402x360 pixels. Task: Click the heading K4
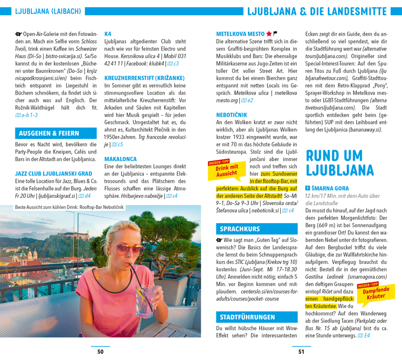click(x=108, y=34)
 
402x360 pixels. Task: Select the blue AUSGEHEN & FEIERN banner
click(x=56, y=133)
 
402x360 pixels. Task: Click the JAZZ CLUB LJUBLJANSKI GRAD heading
click(x=53, y=174)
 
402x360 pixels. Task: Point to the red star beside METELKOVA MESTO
click(x=269, y=34)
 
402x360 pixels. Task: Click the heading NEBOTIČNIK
click(x=232, y=115)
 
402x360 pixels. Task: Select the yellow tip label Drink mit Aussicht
click(x=227, y=170)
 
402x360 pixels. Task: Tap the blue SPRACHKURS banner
click(x=257, y=229)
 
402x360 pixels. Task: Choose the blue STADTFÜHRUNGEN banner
click(x=257, y=317)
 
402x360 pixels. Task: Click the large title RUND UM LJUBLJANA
click(x=340, y=163)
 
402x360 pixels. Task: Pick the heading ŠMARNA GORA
click(x=330, y=188)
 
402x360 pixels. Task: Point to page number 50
click(x=100, y=352)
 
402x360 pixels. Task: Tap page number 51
click(x=301, y=352)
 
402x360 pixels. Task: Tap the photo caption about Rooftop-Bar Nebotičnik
click(x=69, y=207)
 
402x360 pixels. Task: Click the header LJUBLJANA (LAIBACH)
click(x=48, y=12)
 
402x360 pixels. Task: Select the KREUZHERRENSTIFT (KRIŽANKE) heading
click(x=144, y=78)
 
